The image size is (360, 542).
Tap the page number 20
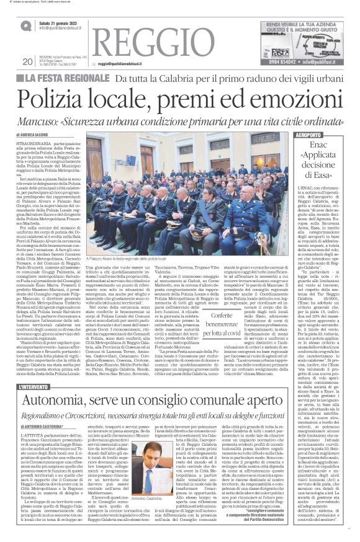pos(26,61)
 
